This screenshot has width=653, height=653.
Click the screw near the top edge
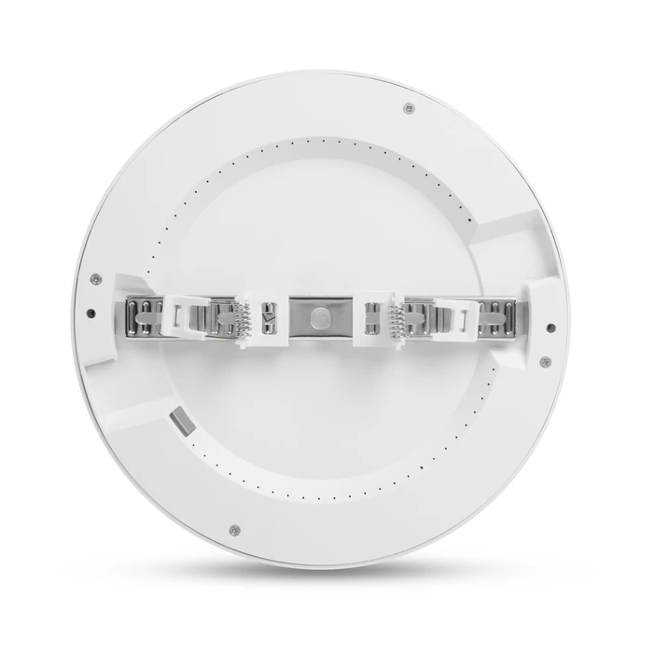click(x=408, y=108)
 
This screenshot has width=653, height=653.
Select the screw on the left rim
click(x=94, y=277)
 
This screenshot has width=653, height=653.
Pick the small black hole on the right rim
click(x=550, y=327)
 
